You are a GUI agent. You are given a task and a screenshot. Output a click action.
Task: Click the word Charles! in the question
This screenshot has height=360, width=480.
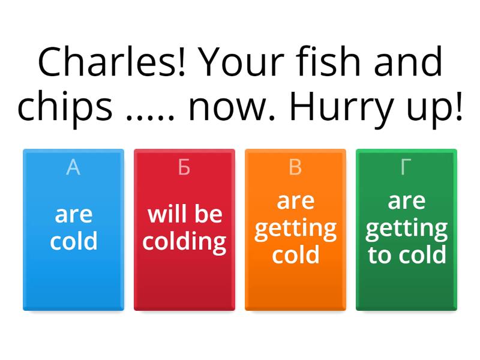[111, 63]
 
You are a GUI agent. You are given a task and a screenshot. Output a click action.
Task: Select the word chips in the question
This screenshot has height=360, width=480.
[65, 107]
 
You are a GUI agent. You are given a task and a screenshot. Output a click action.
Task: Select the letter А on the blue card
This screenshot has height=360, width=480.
[73, 168]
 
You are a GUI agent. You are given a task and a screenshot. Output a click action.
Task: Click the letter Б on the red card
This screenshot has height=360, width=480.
[184, 168]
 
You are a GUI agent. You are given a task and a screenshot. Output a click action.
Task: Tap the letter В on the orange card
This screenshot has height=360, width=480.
[295, 168]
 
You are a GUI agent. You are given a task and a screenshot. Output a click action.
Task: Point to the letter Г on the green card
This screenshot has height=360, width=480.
[406, 168]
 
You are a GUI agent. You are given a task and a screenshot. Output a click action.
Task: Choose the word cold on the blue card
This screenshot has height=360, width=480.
[74, 242]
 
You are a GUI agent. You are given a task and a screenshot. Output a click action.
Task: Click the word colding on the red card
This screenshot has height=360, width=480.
[185, 242]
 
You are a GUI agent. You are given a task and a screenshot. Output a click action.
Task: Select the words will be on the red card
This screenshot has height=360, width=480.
[185, 214]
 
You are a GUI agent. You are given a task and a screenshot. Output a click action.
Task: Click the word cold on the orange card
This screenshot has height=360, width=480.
[295, 255]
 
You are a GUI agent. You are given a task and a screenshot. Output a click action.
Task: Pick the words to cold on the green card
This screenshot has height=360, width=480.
[407, 255]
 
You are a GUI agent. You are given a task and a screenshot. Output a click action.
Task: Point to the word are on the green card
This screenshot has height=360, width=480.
[407, 202]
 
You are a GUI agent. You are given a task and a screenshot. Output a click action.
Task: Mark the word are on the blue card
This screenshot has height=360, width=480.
[74, 214]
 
